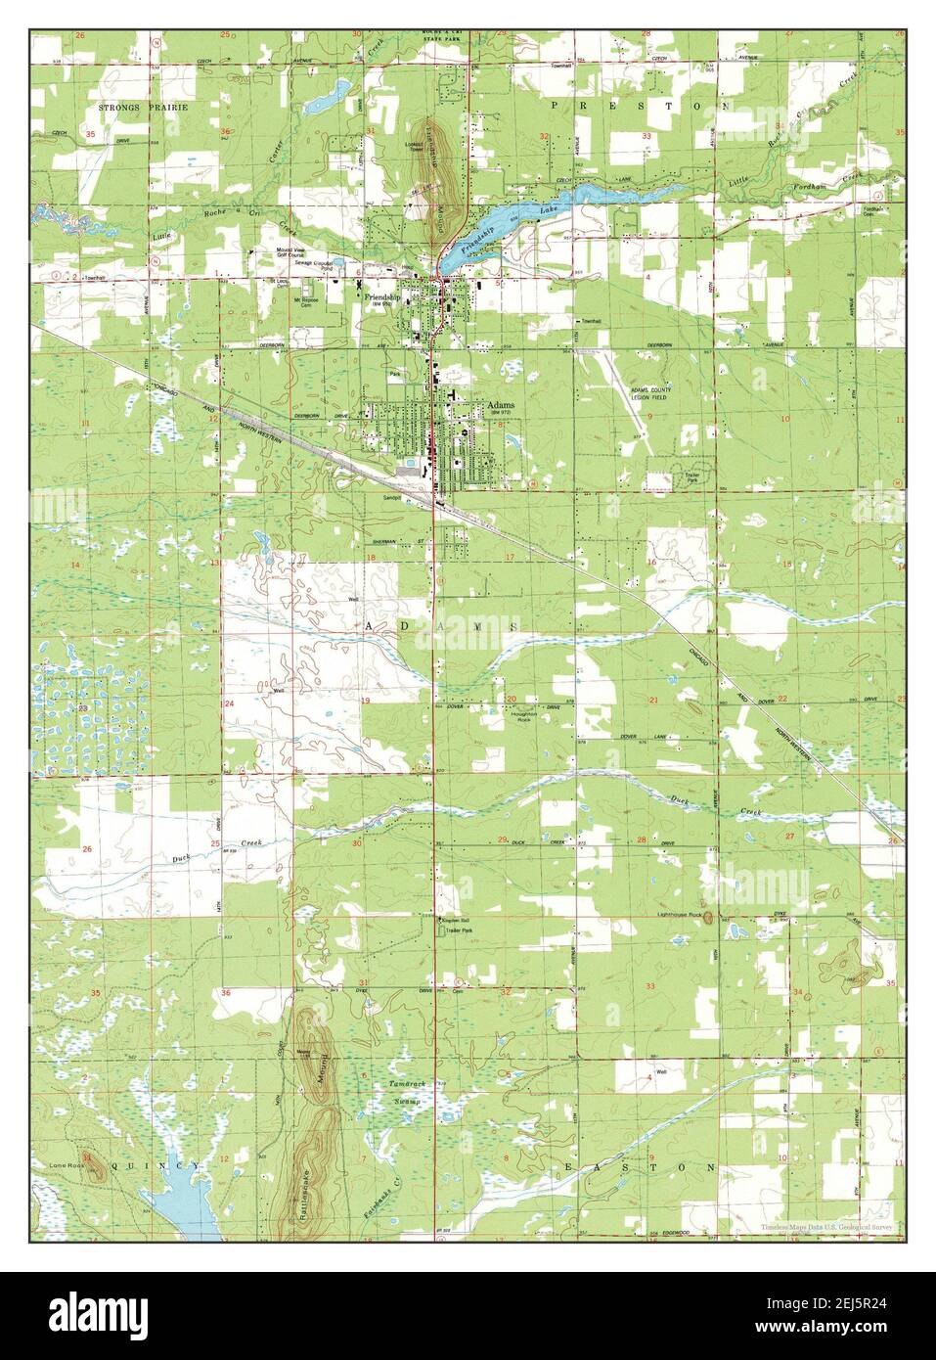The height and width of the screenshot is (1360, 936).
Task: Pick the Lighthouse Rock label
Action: [x=681, y=916]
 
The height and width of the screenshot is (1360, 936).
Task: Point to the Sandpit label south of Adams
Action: [x=394, y=497]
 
